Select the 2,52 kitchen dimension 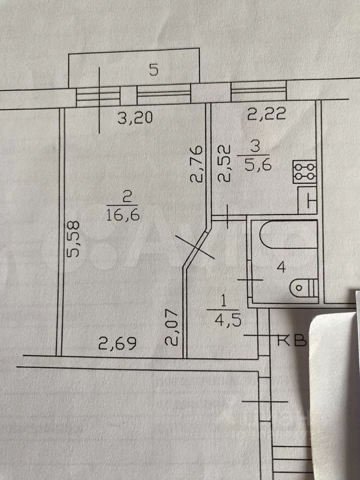coord(226,163)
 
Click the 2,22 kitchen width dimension coord(267,115)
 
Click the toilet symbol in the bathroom coord(304,287)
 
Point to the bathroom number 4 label coord(281,268)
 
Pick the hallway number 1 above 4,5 coord(222,301)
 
